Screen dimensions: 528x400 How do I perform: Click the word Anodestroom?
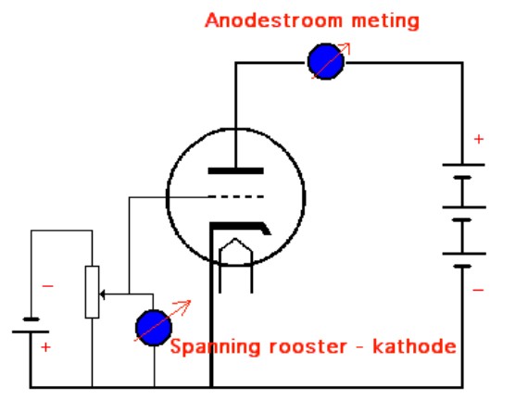tap(273, 20)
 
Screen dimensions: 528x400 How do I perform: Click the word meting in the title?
tap(385, 21)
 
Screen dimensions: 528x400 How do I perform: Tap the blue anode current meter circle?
tap(326, 62)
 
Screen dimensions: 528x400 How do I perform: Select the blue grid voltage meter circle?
tap(154, 328)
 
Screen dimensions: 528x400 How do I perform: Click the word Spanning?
tap(215, 347)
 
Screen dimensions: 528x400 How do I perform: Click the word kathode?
tap(414, 346)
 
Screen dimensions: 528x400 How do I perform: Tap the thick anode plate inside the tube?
tap(235, 170)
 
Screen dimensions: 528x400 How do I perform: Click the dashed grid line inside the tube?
tap(236, 196)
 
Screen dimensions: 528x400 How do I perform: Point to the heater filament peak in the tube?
tap(235, 240)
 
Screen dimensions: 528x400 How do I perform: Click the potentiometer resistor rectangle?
tap(92, 292)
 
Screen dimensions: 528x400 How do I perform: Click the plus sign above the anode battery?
tap(479, 139)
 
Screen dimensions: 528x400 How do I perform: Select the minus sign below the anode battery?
tap(478, 290)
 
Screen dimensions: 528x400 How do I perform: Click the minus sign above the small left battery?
tap(47, 286)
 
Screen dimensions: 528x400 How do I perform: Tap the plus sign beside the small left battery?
tap(45, 347)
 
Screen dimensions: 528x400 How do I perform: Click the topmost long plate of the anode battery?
tap(463, 165)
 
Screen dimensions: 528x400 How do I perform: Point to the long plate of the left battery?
tap(31, 332)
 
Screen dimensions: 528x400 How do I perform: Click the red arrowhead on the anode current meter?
tap(347, 46)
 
